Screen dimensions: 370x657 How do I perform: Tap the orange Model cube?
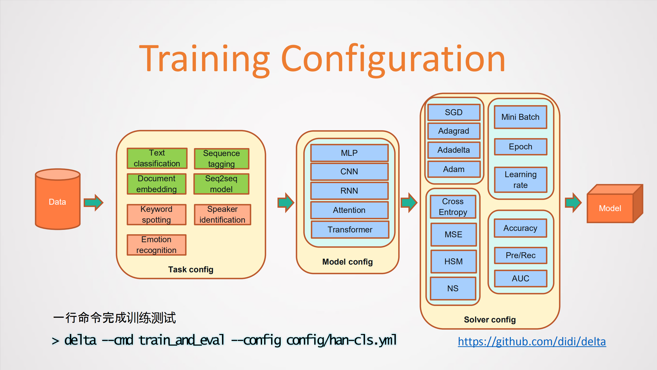[610, 208]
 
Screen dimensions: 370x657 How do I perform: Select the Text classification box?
[157, 158]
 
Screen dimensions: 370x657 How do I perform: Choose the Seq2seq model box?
[221, 184]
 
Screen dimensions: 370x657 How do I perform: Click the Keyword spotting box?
[156, 214]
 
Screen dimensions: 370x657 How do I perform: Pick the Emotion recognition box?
[156, 245]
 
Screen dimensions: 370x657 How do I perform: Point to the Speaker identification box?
[222, 214]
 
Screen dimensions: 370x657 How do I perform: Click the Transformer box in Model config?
[350, 229]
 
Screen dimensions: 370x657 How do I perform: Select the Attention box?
[349, 210]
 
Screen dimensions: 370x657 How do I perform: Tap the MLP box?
[349, 153]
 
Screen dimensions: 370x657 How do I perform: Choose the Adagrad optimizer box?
[454, 131]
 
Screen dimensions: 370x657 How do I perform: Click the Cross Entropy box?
[453, 207]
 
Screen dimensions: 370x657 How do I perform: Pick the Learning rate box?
[520, 180]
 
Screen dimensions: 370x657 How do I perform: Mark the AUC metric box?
[520, 278]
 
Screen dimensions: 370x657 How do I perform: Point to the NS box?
[453, 288]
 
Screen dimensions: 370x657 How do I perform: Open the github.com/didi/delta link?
[532, 341]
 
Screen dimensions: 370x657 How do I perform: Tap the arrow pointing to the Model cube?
[573, 203]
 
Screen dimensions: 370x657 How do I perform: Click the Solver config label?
[490, 320]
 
